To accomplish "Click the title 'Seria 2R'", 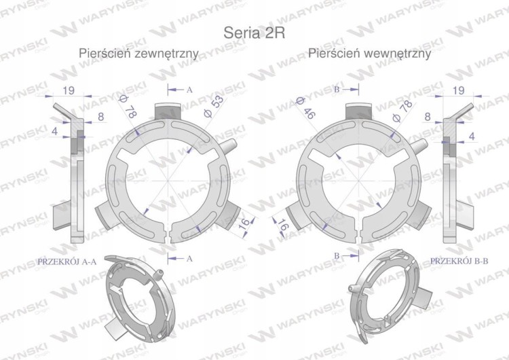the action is point(254,33).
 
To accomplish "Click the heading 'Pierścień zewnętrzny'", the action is point(138,53).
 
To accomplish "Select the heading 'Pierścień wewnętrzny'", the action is point(369,53).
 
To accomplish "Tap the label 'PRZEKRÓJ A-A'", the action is point(67,262).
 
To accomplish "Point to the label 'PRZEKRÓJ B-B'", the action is point(459,261).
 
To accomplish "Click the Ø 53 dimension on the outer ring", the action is point(213,106).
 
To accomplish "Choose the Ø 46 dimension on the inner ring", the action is point(305,108).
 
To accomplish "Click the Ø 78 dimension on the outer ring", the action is point(128,105).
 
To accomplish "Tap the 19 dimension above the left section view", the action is point(68,90).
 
